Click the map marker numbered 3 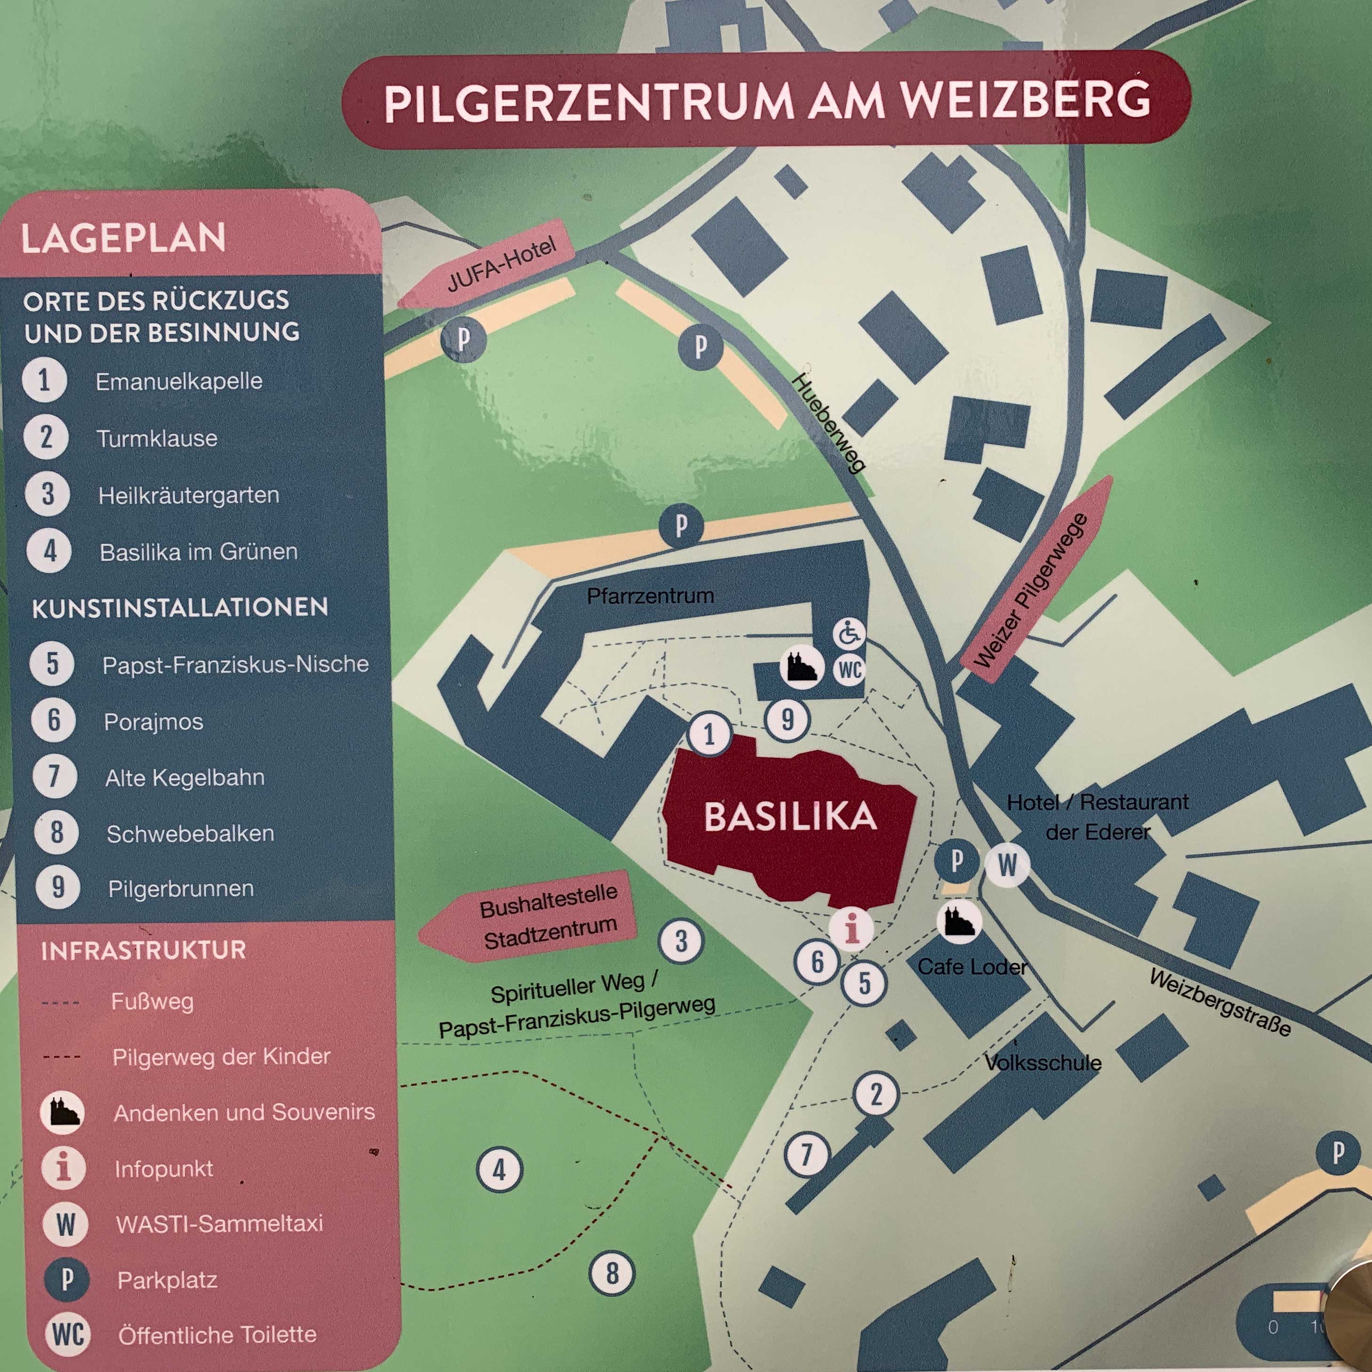pos(681,941)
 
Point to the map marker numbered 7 pos(806,1154)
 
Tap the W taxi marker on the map pos(1007,864)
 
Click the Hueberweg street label pos(829,423)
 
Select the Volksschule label pos(1043,1063)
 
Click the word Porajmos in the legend pos(153,722)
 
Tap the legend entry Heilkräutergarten pos(188,495)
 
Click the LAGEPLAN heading pos(123,238)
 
